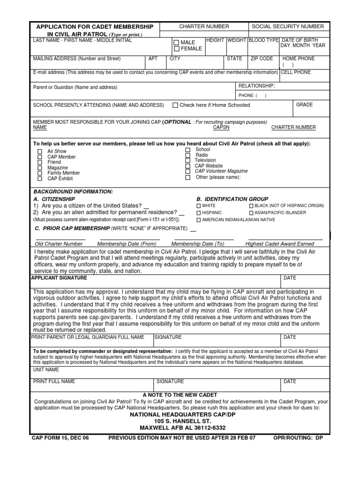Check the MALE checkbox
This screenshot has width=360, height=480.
tap(177, 43)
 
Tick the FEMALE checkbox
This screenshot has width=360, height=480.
tap(177, 49)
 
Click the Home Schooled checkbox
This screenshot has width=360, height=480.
tap(175, 105)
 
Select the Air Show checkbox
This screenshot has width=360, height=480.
tap(40, 151)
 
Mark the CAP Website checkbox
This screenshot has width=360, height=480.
tap(187, 166)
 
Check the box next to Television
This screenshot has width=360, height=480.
tap(187, 160)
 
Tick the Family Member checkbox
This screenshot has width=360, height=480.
tap(40, 173)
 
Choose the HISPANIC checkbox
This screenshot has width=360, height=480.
tap(198, 213)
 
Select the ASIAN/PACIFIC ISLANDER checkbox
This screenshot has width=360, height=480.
tap(251, 213)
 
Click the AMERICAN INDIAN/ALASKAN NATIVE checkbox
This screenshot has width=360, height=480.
tap(198, 220)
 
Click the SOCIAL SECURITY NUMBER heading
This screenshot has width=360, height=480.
tap(287, 27)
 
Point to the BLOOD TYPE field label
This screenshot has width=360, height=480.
tap(263, 40)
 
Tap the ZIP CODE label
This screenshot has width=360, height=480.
tap(262, 59)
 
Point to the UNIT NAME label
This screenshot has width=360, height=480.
tap(45, 370)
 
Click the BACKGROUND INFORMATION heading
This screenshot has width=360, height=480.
tap(73, 192)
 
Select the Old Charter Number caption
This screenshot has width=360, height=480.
tap(59, 244)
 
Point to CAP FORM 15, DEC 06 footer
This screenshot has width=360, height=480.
tap(60, 438)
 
